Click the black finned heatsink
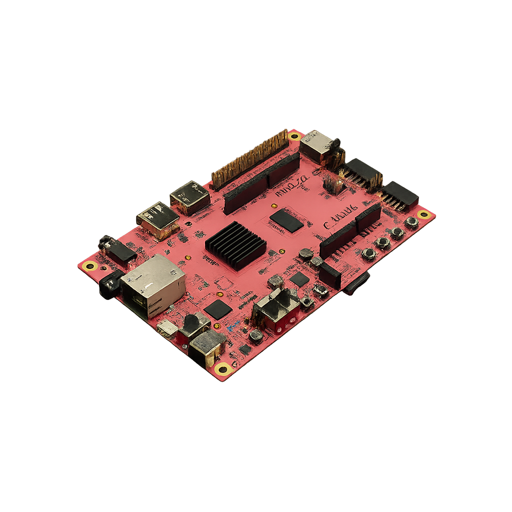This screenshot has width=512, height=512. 235,245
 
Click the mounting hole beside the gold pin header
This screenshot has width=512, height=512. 294,136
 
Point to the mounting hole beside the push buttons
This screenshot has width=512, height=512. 424,214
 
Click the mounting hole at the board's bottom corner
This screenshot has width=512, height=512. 223,369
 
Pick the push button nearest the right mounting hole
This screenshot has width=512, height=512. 411,222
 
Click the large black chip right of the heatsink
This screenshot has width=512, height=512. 286,220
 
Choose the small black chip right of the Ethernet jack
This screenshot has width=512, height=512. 217,309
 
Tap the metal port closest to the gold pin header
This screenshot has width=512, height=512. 190,197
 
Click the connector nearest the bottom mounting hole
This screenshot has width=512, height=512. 206,346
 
